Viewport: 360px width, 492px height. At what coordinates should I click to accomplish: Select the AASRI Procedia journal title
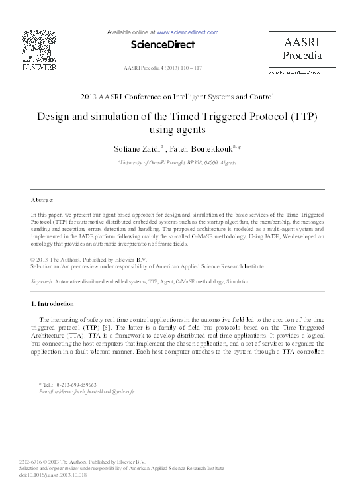(302, 47)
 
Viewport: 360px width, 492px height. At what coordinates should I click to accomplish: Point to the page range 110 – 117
(191, 68)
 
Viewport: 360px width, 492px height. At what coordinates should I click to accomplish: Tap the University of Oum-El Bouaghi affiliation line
(179, 161)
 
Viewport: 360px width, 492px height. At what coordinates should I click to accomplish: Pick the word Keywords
(43, 281)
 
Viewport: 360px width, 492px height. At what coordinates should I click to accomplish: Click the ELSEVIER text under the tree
(39, 67)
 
